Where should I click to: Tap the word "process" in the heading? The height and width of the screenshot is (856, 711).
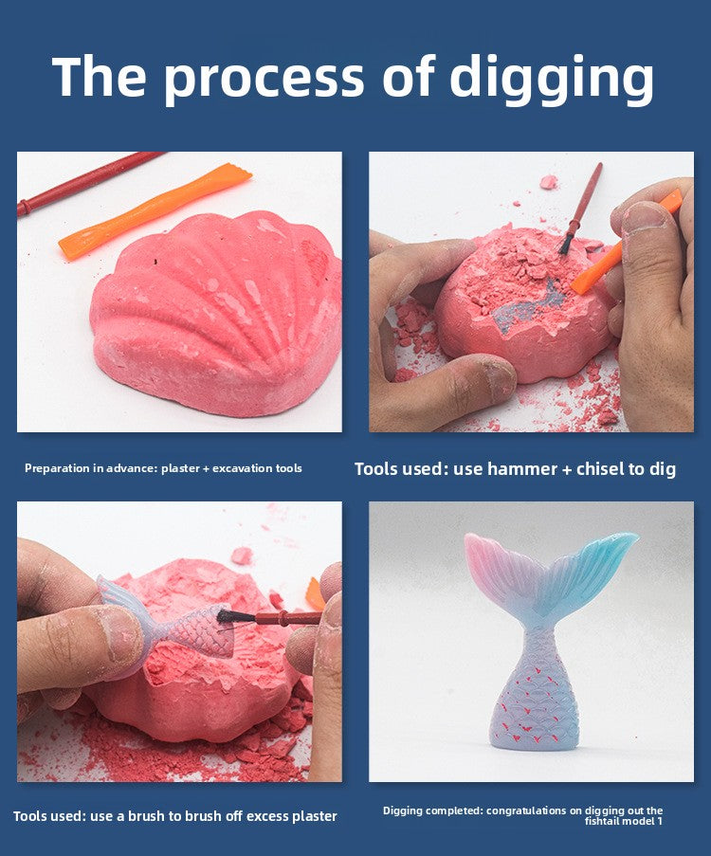[264, 80]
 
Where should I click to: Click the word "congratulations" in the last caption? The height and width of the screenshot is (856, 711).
[526, 810]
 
